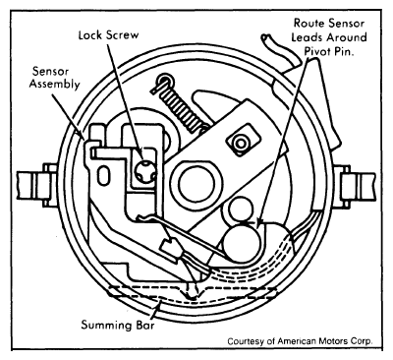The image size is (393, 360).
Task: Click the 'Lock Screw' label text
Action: pos(108,35)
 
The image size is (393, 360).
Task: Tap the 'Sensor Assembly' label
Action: pos(55,78)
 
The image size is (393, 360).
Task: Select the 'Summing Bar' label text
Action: pos(118,325)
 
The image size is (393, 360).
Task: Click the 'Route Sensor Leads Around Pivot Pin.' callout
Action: pos(329,37)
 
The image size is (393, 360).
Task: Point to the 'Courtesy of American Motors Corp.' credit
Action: pos(300,341)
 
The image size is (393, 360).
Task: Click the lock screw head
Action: pos(145,170)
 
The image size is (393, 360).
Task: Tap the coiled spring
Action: pos(181,106)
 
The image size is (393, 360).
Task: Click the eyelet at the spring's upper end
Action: pos(163,81)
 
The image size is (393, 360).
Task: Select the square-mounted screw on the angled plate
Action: pos(242,143)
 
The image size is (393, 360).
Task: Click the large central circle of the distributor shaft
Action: pos(196,181)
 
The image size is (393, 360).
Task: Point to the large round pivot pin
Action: pos(243,242)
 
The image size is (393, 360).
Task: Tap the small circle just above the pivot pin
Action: pos(240,210)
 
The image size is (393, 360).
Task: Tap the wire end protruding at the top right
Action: pos(264,37)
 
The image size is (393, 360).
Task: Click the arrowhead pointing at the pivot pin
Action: pos(259,222)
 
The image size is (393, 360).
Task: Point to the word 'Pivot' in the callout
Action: pos(318,51)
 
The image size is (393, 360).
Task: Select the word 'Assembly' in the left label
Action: pos(55,84)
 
